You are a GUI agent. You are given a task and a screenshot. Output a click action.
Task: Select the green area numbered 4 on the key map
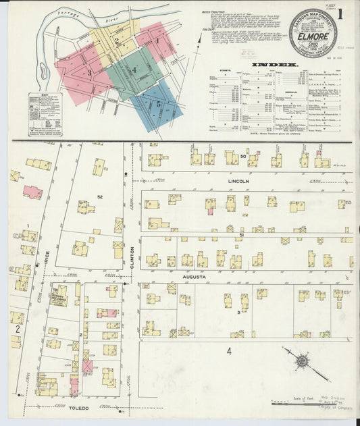pos(134,70)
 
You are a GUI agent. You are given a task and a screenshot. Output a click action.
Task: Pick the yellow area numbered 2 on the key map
pos(116,41)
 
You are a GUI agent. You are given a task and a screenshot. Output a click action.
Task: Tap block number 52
pos(100,196)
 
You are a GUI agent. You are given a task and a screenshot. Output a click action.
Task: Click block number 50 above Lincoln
pos(242,157)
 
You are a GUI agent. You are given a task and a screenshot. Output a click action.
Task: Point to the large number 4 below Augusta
pos(229,351)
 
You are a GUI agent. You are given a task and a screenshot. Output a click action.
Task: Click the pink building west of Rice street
pos(32,192)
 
